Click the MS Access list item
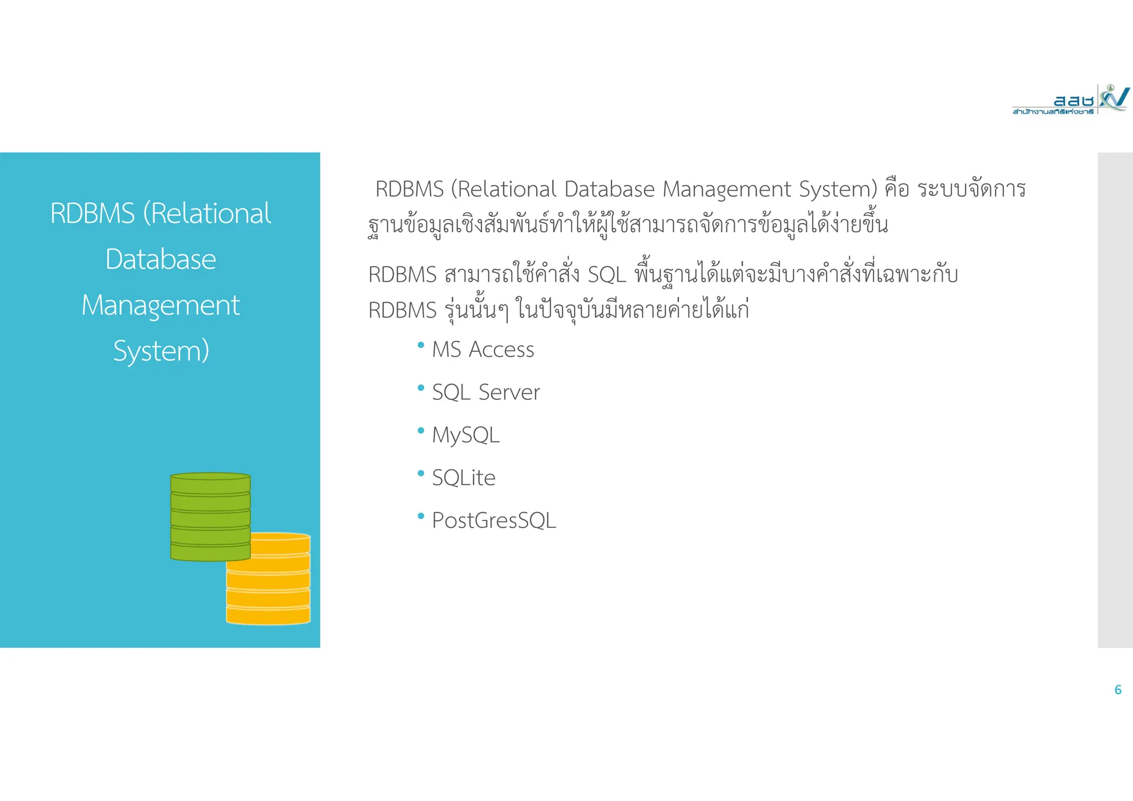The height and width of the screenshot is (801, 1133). point(482,350)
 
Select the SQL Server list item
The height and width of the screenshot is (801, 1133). point(486,392)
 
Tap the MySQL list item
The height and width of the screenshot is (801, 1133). point(465,435)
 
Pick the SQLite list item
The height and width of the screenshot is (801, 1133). point(464,478)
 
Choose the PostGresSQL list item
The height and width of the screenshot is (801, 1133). point(493,521)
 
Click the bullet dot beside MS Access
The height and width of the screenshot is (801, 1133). point(421,345)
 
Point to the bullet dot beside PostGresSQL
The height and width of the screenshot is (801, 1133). point(421,516)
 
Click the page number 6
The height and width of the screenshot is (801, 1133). point(1118,690)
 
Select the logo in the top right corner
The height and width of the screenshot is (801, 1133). point(1070,100)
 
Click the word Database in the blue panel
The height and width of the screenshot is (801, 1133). point(160,259)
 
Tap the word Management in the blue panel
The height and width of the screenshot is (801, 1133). point(160,305)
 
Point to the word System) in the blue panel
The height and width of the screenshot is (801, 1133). point(161,351)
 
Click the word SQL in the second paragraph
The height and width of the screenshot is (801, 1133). point(606,275)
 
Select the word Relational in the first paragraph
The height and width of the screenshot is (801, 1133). point(507,190)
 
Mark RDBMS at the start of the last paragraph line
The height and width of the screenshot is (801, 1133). point(402,310)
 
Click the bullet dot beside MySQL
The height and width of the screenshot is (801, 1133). point(421,430)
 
